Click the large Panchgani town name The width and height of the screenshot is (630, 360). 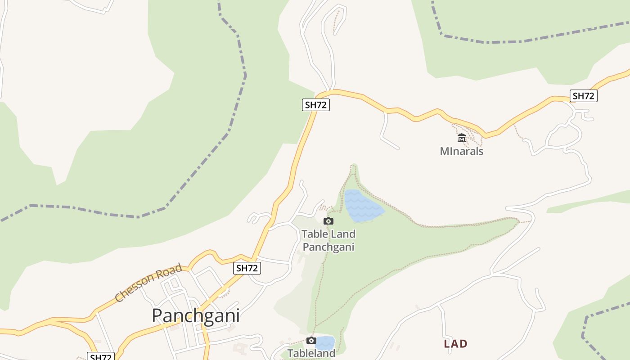(195, 316)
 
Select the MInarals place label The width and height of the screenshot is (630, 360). (461, 151)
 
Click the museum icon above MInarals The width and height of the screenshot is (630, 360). (461, 138)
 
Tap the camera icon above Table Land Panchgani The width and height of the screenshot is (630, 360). (328, 221)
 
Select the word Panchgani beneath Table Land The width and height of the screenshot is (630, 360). (328, 247)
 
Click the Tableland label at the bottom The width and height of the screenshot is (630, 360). (311, 353)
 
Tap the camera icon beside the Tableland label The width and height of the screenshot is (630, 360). (311, 340)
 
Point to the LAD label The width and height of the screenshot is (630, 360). (455, 344)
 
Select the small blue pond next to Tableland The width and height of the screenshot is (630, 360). (326, 343)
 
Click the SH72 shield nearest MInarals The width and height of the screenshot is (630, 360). (583, 96)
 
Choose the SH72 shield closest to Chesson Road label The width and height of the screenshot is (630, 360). (247, 268)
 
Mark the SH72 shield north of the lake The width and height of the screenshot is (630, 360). (316, 105)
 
